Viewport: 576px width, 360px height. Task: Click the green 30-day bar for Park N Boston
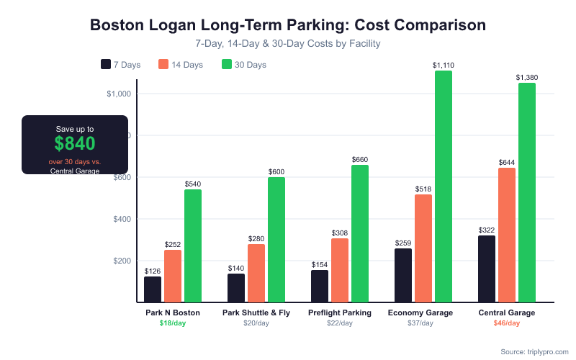tap(193, 246)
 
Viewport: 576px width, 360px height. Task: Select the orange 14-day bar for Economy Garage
tap(423, 248)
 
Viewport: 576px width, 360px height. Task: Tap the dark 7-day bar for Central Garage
tap(487, 269)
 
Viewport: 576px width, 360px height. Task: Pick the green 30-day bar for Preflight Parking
tap(360, 233)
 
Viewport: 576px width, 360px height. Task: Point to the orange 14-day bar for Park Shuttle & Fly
tap(256, 273)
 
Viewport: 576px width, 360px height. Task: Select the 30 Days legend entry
tap(244, 65)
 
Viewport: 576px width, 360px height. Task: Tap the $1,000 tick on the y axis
tap(118, 94)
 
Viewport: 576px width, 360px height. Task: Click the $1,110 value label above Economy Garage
tap(444, 66)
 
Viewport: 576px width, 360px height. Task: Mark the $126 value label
tap(153, 271)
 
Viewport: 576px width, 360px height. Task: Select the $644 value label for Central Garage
tap(507, 163)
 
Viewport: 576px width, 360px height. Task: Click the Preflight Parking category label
tap(340, 313)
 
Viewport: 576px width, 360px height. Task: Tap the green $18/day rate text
tap(173, 323)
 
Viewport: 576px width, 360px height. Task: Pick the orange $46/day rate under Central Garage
tap(507, 323)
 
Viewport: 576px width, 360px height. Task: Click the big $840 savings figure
tap(75, 143)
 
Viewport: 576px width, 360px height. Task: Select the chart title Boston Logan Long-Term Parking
tap(288, 25)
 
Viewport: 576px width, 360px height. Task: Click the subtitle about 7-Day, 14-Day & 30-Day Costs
tap(288, 44)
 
